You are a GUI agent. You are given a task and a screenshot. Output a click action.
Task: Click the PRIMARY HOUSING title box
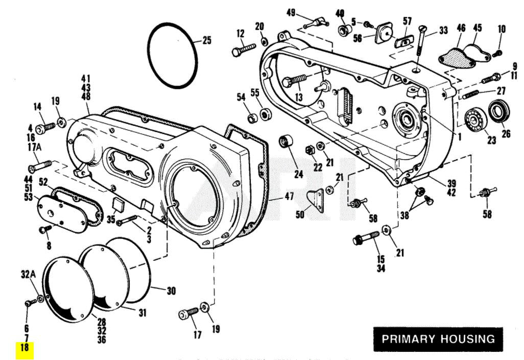tap(438, 339)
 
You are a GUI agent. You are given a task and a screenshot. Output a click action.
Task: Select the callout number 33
tap(443, 31)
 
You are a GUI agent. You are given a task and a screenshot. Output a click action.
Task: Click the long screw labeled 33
tap(420, 49)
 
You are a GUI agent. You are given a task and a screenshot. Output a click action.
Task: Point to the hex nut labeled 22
tap(308, 150)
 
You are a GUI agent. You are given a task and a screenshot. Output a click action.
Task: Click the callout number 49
tap(291, 12)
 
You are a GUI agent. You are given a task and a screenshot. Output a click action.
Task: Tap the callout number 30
tap(171, 291)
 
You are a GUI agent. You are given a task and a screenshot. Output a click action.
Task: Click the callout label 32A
tap(28, 274)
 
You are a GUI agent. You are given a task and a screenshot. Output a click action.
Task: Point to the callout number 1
tap(459, 137)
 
